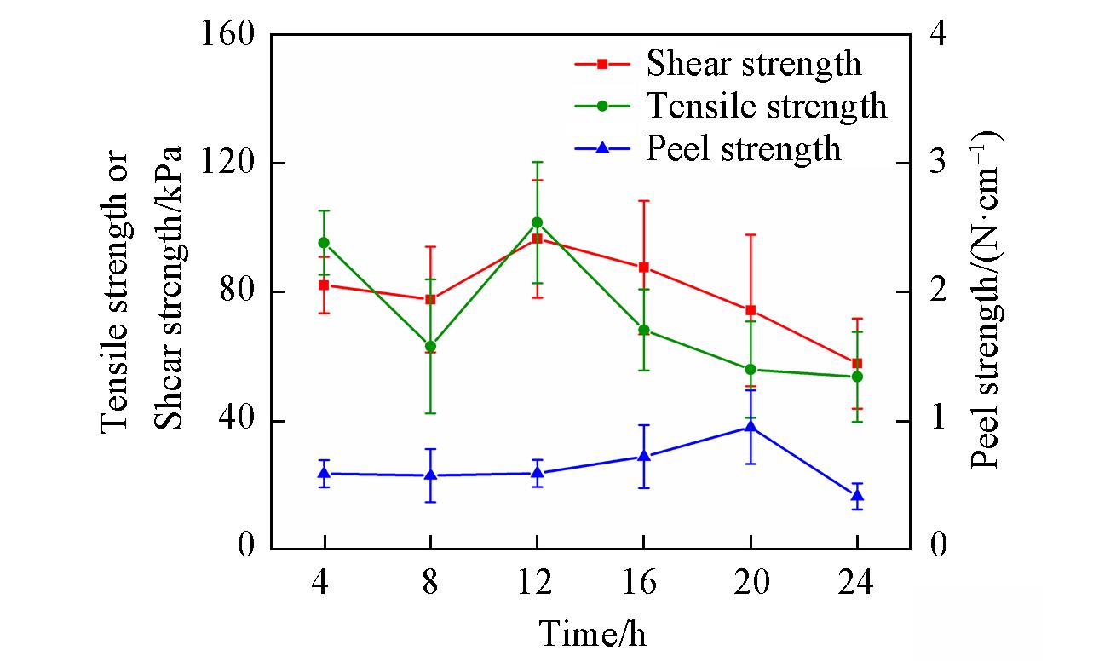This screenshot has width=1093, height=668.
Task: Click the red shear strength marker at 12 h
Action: (538, 239)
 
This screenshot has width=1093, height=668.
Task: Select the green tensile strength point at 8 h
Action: (430, 347)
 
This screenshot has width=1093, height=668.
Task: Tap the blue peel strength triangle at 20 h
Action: (751, 428)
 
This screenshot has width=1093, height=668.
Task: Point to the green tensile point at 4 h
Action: (324, 243)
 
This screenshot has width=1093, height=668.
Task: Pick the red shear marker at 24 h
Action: (857, 364)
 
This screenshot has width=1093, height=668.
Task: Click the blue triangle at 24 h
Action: (857, 495)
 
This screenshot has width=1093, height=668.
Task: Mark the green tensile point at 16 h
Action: (644, 330)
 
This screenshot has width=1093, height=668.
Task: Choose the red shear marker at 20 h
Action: (751, 310)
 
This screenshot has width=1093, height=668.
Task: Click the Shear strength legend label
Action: (753, 64)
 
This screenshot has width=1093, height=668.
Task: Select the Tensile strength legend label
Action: (767, 107)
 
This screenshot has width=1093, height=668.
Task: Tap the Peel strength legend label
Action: (744, 149)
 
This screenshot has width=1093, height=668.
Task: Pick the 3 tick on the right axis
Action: (938, 163)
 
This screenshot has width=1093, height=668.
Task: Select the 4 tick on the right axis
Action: (938, 35)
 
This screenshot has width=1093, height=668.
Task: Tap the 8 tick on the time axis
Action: (430, 584)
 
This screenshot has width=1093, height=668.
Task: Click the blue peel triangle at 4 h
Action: (324, 473)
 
